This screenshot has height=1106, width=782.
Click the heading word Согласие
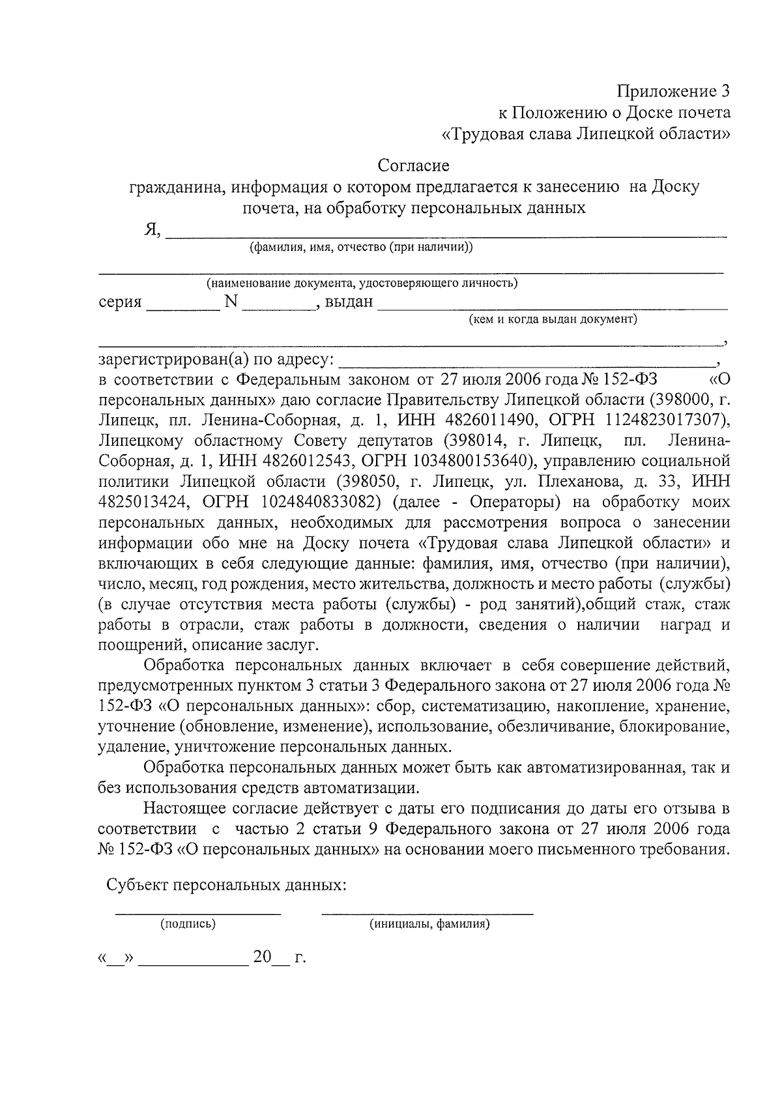click(414, 166)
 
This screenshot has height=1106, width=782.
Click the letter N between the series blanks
click(231, 302)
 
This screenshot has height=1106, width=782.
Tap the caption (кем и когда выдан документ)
click(553, 319)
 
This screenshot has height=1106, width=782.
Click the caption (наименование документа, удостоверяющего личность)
click(362, 284)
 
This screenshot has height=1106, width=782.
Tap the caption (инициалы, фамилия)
click(429, 924)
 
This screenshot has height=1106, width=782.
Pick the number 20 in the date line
click(262, 957)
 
